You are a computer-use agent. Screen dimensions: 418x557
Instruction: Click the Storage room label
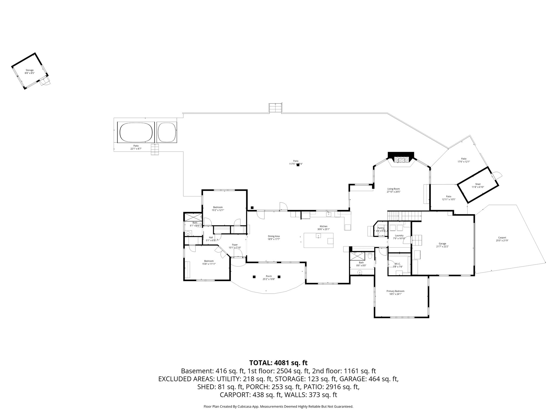click(x=30, y=70)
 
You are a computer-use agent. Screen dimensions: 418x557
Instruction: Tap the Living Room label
click(x=394, y=189)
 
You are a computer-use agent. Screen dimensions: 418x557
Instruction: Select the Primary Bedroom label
click(x=395, y=291)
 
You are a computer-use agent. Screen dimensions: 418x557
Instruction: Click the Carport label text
click(x=502, y=238)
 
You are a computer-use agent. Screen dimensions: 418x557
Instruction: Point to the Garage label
click(x=442, y=244)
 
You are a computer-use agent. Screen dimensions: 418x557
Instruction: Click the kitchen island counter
click(x=318, y=240)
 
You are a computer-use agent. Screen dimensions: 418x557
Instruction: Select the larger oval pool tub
click(x=135, y=132)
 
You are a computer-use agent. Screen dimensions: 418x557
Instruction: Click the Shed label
click(x=478, y=184)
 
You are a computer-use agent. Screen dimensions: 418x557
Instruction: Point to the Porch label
click(x=269, y=276)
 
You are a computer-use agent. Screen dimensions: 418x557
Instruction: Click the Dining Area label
click(x=274, y=236)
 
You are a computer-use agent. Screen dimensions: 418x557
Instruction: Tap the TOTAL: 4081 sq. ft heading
click(x=278, y=363)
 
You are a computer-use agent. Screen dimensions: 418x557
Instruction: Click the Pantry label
click(x=381, y=228)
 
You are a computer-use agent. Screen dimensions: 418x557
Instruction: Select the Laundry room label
click(x=399, y=236)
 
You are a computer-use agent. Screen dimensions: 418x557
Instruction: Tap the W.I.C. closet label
click(x=398, y=264)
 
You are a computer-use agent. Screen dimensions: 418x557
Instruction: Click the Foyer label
click(x=235, y=245)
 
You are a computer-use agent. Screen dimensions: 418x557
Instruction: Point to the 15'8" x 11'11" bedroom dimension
click(x=209, y=264)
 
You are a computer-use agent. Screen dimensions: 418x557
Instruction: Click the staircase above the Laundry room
click(x=404, y=216)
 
